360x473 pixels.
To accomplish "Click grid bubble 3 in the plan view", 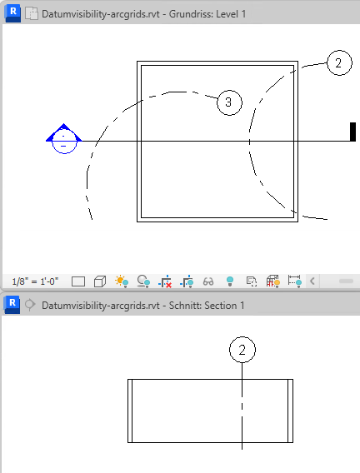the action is coord(229,102).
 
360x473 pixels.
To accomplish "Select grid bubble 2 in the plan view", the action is coord(339,62).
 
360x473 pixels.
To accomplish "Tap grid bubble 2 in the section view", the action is coord(242,350).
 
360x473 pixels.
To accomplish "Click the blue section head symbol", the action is coord(63,139).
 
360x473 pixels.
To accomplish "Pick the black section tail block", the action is coord(352,132).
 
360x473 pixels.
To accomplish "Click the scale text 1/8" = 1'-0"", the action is coord(35,281).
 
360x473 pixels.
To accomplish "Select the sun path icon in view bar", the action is coord(122,281).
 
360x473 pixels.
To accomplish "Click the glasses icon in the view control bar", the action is coord(208,281).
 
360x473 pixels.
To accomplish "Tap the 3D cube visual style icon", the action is coord(100,281).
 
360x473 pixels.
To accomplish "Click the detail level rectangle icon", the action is coord(78,281).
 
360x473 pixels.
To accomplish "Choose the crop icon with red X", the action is coord(165,281).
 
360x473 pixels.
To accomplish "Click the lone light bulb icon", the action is coord(230,281).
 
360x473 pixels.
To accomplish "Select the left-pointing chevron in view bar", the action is coord(312,281).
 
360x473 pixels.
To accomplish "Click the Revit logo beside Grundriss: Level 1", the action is coord(12,14).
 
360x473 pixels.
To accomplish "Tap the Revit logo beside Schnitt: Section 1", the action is coord(12,305).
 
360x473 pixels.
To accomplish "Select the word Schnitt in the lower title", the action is coord(184,306).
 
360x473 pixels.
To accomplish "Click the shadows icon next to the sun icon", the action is coord(143,281).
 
